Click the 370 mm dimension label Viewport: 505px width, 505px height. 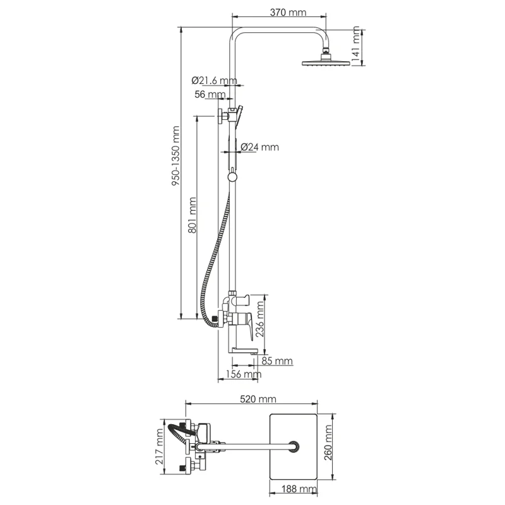(x=288, y=13)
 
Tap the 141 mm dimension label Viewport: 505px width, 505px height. (x=355, y=45)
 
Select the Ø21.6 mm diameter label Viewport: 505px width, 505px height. (x=214, y=80)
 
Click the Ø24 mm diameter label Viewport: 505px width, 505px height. (x=259, y=147)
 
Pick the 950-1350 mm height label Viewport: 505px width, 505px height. (x=175, y=156)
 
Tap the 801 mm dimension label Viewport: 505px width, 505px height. (x=192, y=215)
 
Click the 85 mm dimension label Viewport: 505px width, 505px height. (x=277, y=360)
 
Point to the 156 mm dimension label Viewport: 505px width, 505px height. (x=244, y=374)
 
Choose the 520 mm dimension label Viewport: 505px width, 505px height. (x=258, y=399)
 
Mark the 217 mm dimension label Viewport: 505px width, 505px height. (x=159, y=446)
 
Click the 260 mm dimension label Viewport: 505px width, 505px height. (x=328, y=443)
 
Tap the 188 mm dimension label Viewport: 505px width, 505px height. (x=299, y=489)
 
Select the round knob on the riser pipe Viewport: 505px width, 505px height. (x=232, y=177)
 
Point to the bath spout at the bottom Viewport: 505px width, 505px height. (x=244, y=350)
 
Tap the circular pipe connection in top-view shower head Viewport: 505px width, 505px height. (x=294, y=447)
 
